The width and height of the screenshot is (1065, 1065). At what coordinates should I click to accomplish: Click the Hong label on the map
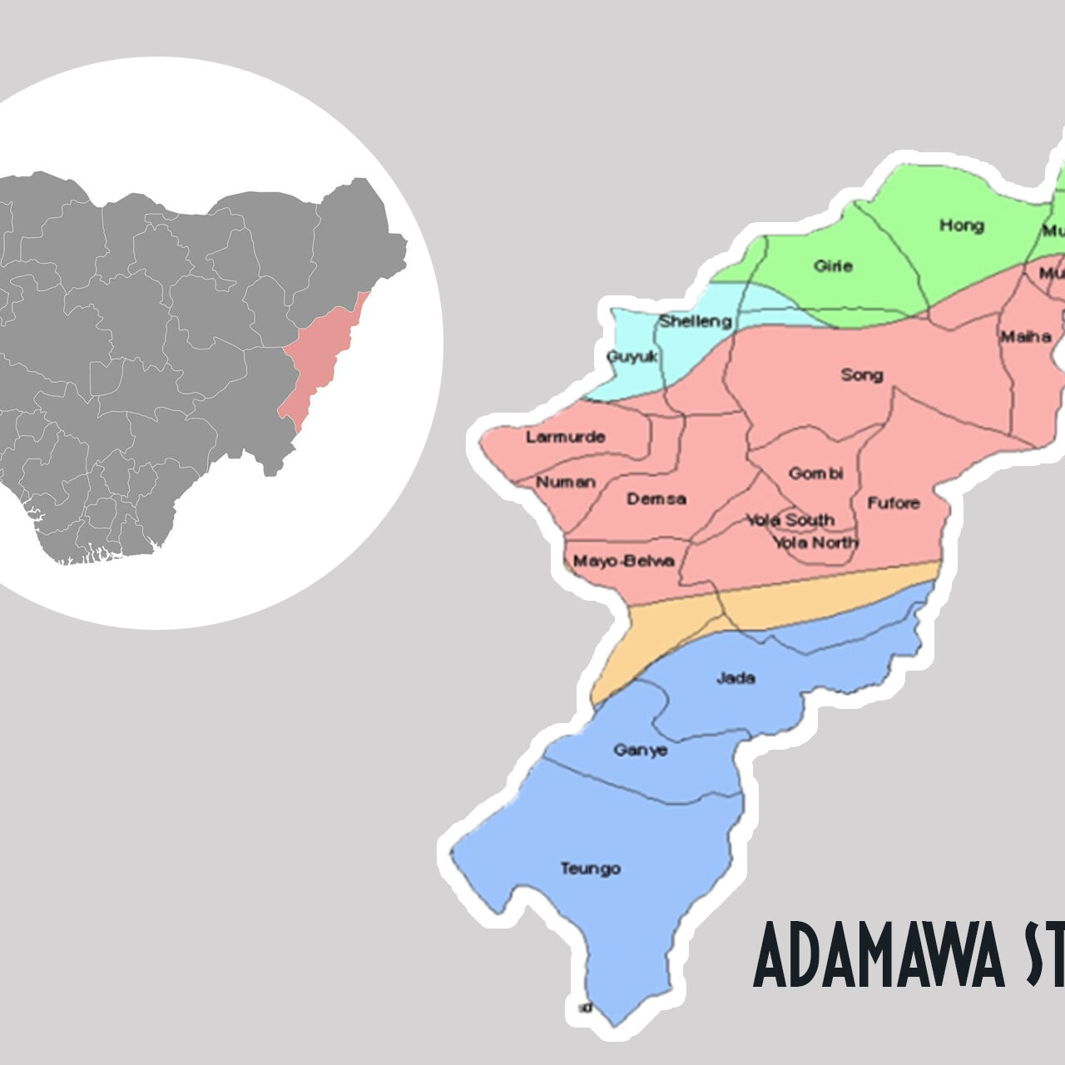click(961, 225)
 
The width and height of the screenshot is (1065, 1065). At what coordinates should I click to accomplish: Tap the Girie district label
click(833, 266)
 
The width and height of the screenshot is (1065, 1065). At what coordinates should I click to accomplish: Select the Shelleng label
click(696, 321)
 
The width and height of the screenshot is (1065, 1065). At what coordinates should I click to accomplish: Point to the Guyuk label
click(632, 356)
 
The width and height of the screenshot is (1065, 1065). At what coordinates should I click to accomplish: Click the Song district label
click(861, 375)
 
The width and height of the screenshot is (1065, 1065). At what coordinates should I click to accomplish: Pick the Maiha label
click(1025, 337)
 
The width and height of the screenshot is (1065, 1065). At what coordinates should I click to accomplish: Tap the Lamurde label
click(565, 437)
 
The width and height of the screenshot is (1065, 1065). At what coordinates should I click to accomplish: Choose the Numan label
click(566, 483)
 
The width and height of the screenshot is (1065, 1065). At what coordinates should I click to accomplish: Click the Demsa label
click(656, 499)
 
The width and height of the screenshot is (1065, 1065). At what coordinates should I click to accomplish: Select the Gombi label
click(815, 473)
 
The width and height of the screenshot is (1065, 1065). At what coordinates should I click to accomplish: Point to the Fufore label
click(894, 503)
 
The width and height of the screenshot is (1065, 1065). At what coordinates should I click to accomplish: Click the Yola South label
click(790, 520)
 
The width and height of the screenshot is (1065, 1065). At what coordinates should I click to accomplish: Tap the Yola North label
click(815, 542)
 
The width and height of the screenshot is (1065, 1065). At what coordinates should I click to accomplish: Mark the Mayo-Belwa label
click(623, 561)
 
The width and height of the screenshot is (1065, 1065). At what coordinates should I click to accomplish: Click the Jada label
click(736, 678)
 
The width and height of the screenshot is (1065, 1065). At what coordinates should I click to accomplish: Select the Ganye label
click(640, 750)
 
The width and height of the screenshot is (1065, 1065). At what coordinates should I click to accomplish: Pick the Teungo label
click(590, 869)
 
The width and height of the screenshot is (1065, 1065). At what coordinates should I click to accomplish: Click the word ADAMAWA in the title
click(879, 955)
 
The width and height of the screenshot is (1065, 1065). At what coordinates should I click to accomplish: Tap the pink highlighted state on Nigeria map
click(320, 358)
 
